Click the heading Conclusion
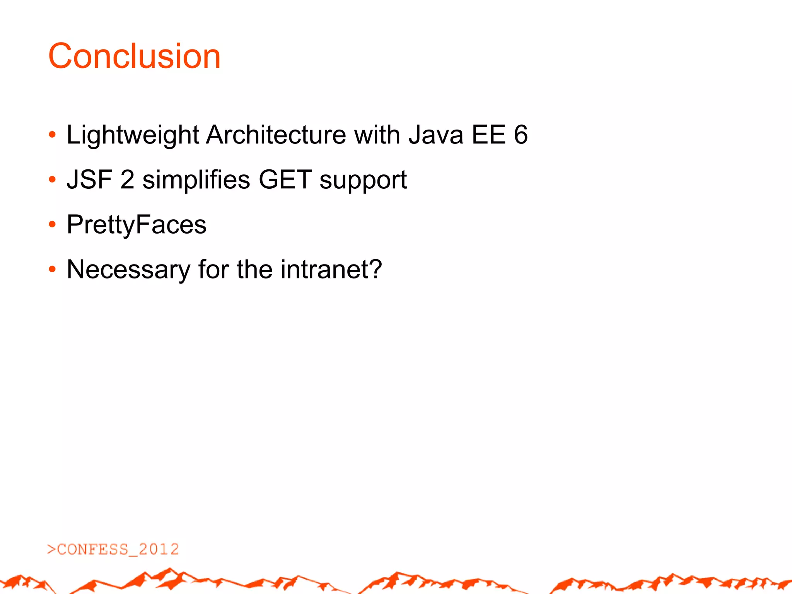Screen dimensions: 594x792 pyautogui.click(x=134, y=56)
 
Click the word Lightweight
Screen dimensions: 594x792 pyautogui.click(x=133, y=135)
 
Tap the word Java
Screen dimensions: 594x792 pyautogui.click(x=436, y=135)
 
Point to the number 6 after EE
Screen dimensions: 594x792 pyautogui.click(x=521, y=135)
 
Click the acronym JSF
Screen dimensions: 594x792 pyautogui.click(x=89, y=180)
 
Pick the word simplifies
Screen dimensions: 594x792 pyautogui.click(x=196, y=180)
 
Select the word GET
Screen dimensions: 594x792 pyautogui.click(x=285, y=180)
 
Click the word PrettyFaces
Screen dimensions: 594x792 pyautogui.click(x=137, y=225)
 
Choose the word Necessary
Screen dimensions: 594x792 pyautogui.click(x=128, y=270)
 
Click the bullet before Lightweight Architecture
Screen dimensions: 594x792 pyautogui.click(x=53, y=135)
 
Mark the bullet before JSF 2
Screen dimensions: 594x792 pyautogui.click(x=53, y=180)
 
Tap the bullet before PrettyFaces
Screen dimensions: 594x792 pyautogui.click(x=53, y=225)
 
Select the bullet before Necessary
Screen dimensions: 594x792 pyautogui.click(x=53, y=270)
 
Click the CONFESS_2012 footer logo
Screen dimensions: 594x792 pyautogui.click(x=113, y=550)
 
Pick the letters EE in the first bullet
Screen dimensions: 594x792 pyautogui.click(x=488, y=135)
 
